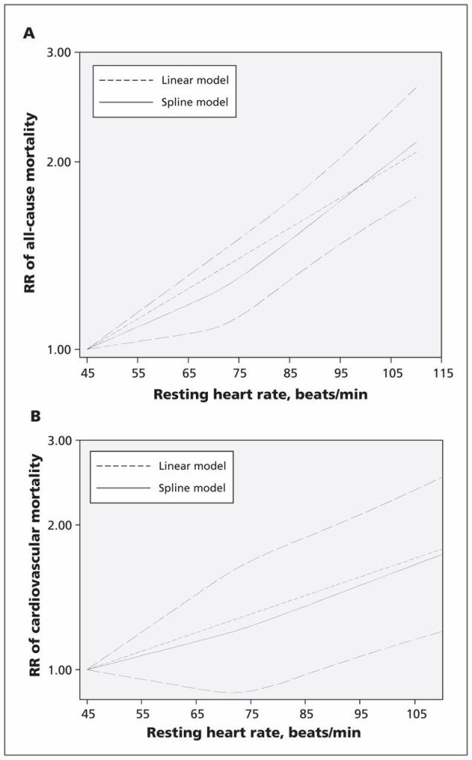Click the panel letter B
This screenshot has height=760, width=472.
pos(35,417)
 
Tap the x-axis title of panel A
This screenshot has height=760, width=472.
pos(260,395)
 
